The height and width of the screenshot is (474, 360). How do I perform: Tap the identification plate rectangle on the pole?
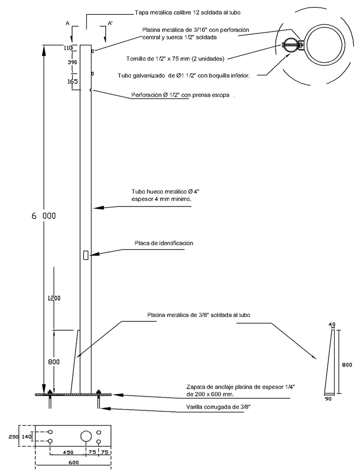click(x=85, y=255)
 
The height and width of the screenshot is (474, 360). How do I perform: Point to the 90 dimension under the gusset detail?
click(x=328, y=400)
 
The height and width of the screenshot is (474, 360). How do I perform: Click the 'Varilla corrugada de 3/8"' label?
click(x=218, y=407)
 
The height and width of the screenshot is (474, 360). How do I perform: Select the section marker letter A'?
click(x=110, y=24)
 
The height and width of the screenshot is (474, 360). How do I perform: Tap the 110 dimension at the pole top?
click(x=67, y=48)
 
